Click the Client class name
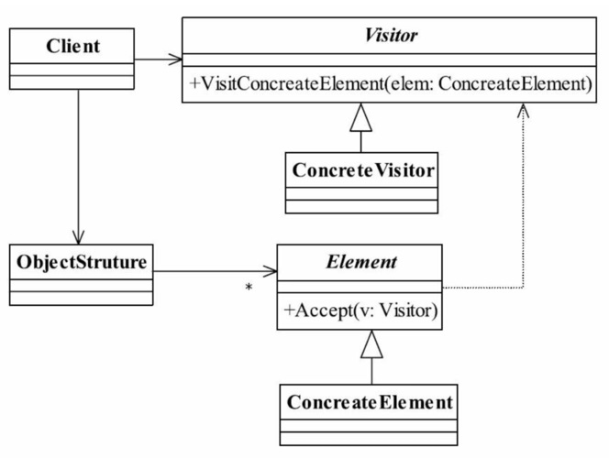point(72,46)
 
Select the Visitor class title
point(391,36)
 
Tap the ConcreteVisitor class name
point(363,170)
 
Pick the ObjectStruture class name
point(82,263)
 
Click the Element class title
point(361,262)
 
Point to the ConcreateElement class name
point(370,402)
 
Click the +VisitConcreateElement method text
point(391,83)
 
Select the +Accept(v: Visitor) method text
point(360,311)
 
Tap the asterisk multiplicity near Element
point(249,288)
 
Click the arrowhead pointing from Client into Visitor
point(175,60)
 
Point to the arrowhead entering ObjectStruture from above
point(79,237)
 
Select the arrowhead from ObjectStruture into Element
point(270,271)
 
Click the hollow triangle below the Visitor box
point(360,118)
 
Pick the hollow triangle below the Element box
point(371,344)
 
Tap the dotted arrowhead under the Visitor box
point(523,110)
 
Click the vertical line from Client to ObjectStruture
point(79,167)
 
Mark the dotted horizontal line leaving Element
point(482,288)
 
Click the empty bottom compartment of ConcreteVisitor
point(361,206)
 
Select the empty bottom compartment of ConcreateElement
point(369,438)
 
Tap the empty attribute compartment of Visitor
point(389,60)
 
